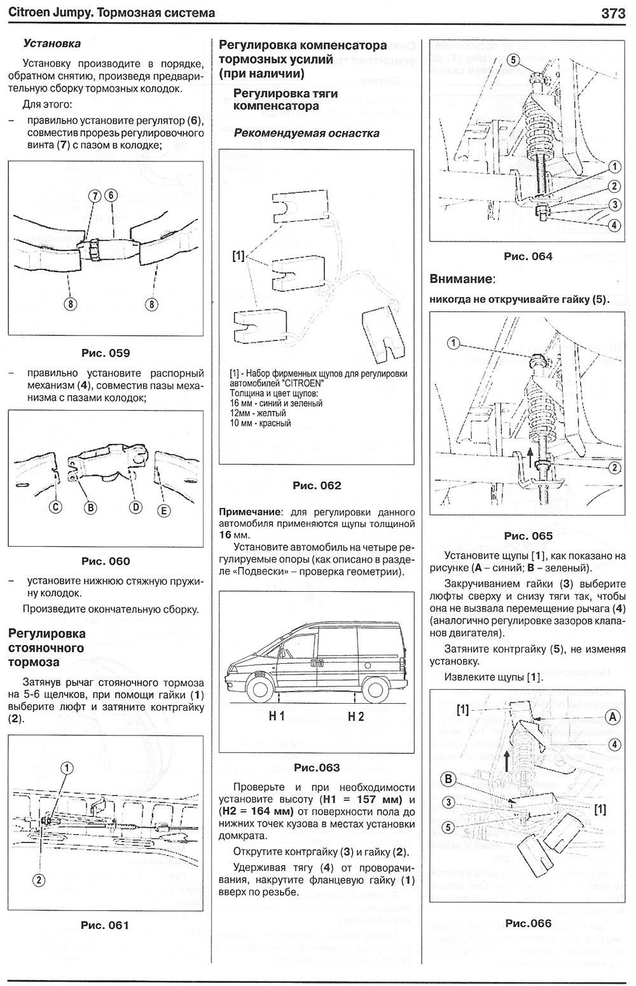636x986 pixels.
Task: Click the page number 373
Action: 613,13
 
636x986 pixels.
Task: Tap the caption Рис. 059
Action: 106,353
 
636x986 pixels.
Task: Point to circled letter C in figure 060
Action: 56,507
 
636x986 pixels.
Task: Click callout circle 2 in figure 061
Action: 39,880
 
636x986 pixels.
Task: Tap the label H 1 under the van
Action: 276,716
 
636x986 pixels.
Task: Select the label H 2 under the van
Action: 356,716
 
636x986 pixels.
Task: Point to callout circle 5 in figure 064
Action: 515,61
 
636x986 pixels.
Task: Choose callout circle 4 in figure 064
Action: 614,224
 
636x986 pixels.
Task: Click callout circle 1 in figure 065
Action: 453,344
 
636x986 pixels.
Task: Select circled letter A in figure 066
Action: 612,717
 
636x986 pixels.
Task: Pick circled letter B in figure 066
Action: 449,779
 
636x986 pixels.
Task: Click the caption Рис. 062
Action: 317,486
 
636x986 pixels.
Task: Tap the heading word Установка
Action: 52,44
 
